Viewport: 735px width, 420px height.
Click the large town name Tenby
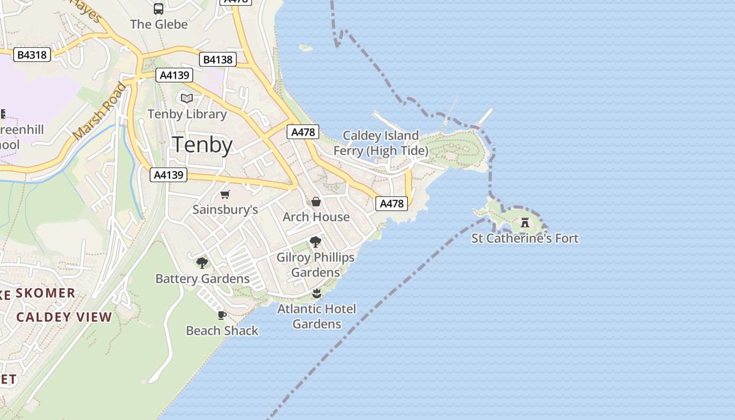pos(202,144)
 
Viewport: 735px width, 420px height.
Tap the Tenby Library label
pos(187,114)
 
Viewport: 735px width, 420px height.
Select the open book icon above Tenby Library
pos(187,98)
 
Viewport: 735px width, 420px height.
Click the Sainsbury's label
pos(225,209)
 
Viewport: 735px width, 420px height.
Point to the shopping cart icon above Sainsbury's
pos(225,195)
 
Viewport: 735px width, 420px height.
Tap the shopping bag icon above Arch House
pos(316,202)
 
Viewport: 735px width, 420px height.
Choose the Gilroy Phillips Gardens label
pos(316,265)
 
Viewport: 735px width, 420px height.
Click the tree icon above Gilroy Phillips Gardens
pos(316,242)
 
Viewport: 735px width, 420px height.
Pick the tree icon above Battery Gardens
pos(202,263)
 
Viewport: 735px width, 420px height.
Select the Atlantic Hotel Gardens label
pos(317,316)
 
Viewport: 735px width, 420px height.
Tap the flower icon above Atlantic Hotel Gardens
pos(316,293)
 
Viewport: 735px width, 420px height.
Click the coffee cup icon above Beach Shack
pos(222,315)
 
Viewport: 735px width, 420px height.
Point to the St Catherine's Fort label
pos(524,238)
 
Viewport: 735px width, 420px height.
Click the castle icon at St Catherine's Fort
pos(524,222)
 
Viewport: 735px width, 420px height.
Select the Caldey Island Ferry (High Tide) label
pos(381,143)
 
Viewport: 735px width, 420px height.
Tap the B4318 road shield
pos(32,55)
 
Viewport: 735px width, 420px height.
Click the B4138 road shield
pos(218,59)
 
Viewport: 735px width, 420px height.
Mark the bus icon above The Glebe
pos(159,9)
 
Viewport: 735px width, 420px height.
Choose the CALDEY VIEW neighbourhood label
pos(64,317)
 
